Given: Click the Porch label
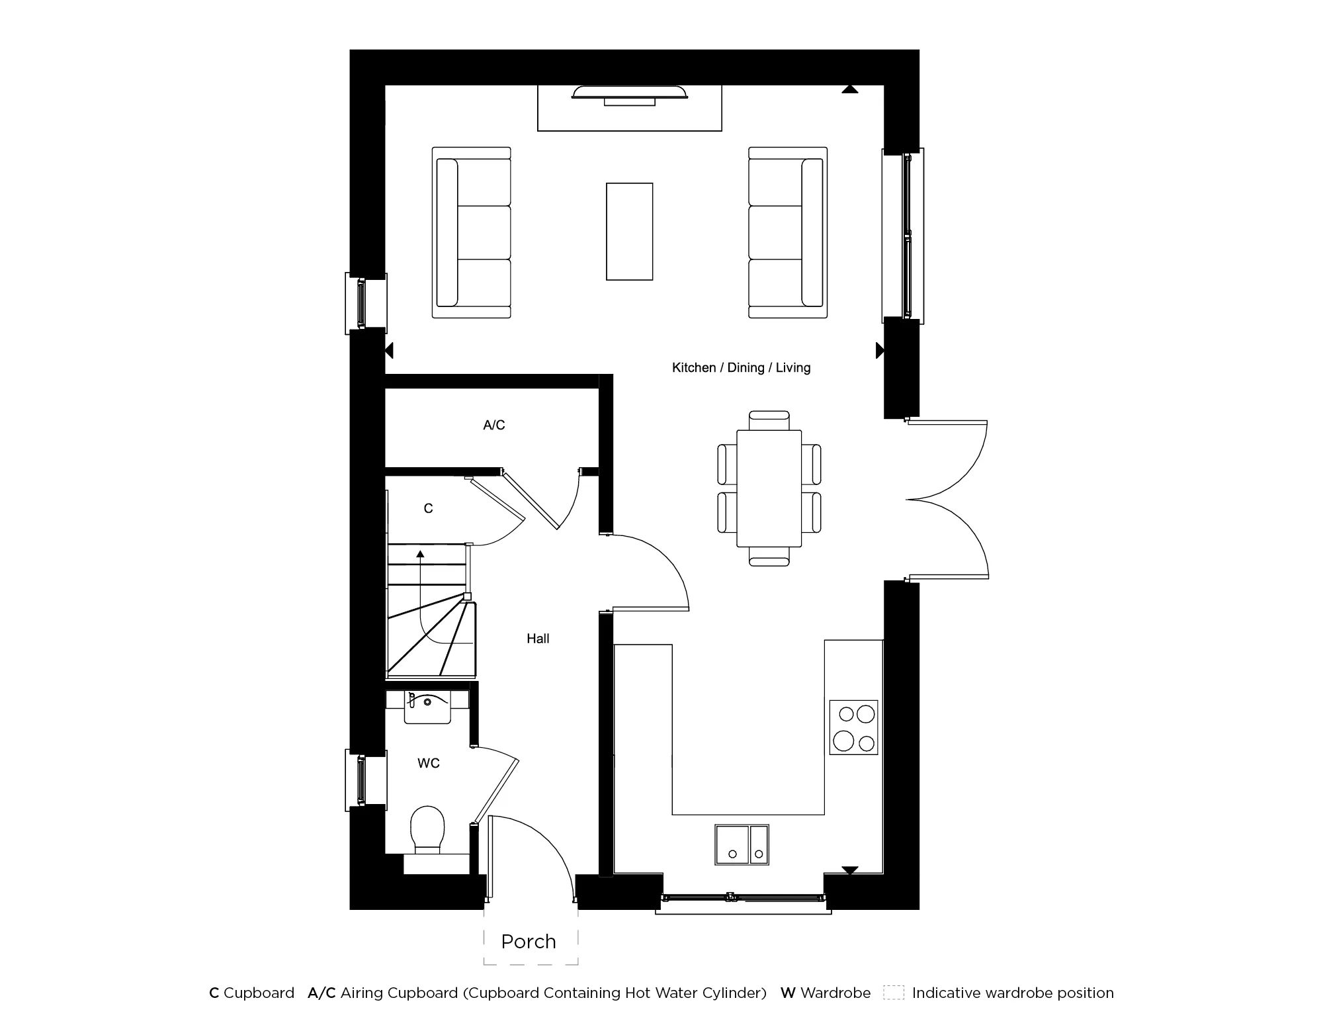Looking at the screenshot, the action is pos(529,942).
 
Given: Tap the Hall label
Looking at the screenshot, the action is pos(538,639).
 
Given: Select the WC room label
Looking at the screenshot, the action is pos(429,763).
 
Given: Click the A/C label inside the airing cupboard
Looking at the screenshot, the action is pos(494,425).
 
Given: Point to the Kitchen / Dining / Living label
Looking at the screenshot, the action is pos(741,367).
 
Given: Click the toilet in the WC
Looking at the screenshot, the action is pos(427,829).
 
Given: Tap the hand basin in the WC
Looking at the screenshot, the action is pos(427,707).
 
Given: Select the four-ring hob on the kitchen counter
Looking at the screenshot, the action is pos(854,727).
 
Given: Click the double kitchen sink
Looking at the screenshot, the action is pos(742,844).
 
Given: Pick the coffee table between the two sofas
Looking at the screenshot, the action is pos(630,232).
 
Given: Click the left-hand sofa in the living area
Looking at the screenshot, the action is pos(472,232).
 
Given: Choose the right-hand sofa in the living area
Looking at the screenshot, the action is pos(788,232).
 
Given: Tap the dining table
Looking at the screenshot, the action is pos(769,488).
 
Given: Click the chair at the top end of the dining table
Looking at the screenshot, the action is pos(769,420).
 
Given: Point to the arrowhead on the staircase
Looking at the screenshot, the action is pos(420,553).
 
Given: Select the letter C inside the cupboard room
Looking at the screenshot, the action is pos(428,508).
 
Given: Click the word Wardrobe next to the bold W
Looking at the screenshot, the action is pos(835,993).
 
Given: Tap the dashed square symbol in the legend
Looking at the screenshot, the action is pos(894,993).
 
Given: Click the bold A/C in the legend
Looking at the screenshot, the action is pos(321,993).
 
